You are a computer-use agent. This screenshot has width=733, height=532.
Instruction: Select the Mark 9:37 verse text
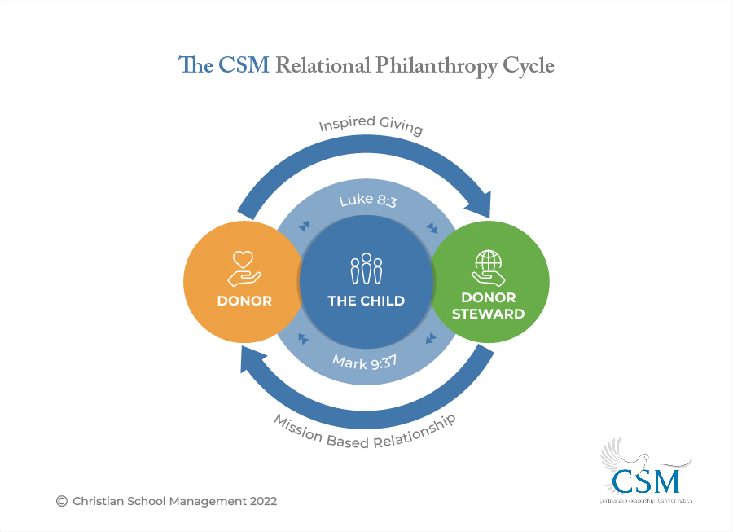[365, 360]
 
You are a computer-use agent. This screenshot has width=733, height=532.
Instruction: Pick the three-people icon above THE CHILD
[366, 270]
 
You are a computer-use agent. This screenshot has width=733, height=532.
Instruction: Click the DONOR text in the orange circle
[244, 301]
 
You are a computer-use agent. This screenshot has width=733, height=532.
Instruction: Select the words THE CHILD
[366, 301]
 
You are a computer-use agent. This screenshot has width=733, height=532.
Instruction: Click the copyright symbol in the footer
[61, 501]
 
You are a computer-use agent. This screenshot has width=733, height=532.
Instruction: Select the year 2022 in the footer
[261, 501]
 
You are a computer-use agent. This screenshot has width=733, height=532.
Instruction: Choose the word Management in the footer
[205, 501]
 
